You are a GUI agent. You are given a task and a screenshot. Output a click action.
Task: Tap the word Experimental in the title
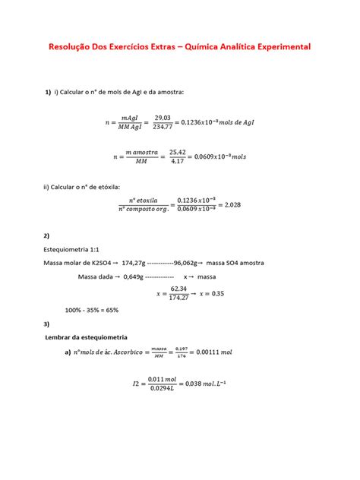coord(276,46)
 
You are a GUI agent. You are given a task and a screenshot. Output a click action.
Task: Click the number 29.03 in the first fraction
coord(163,117)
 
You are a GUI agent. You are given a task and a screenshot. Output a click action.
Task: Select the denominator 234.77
coord(163,127)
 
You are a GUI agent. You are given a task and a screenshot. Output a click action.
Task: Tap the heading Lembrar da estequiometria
coord(87,336)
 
